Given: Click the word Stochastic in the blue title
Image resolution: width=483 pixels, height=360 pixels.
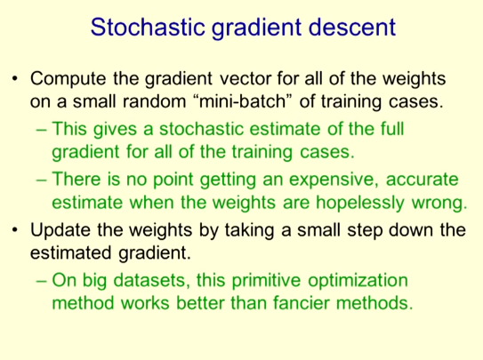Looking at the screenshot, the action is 148,27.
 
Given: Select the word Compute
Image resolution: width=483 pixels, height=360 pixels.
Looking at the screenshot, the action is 68,79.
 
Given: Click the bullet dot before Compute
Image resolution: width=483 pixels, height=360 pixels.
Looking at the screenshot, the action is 15,78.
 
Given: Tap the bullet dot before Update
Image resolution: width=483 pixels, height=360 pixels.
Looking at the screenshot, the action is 15,230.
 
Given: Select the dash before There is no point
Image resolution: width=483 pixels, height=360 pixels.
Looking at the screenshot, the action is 41,180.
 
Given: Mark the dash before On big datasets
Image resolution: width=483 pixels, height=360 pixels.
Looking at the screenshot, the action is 41,281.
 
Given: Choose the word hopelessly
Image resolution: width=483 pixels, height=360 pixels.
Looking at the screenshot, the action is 359,203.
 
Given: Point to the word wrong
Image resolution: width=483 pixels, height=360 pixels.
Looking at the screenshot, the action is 439,204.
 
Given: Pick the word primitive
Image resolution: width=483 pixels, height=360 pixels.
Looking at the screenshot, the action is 266,281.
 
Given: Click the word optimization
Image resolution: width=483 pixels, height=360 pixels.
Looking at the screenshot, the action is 358,281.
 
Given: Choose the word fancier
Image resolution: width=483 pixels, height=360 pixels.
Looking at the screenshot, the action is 301,303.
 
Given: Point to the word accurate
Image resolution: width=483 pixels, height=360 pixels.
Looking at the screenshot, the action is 423,180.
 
